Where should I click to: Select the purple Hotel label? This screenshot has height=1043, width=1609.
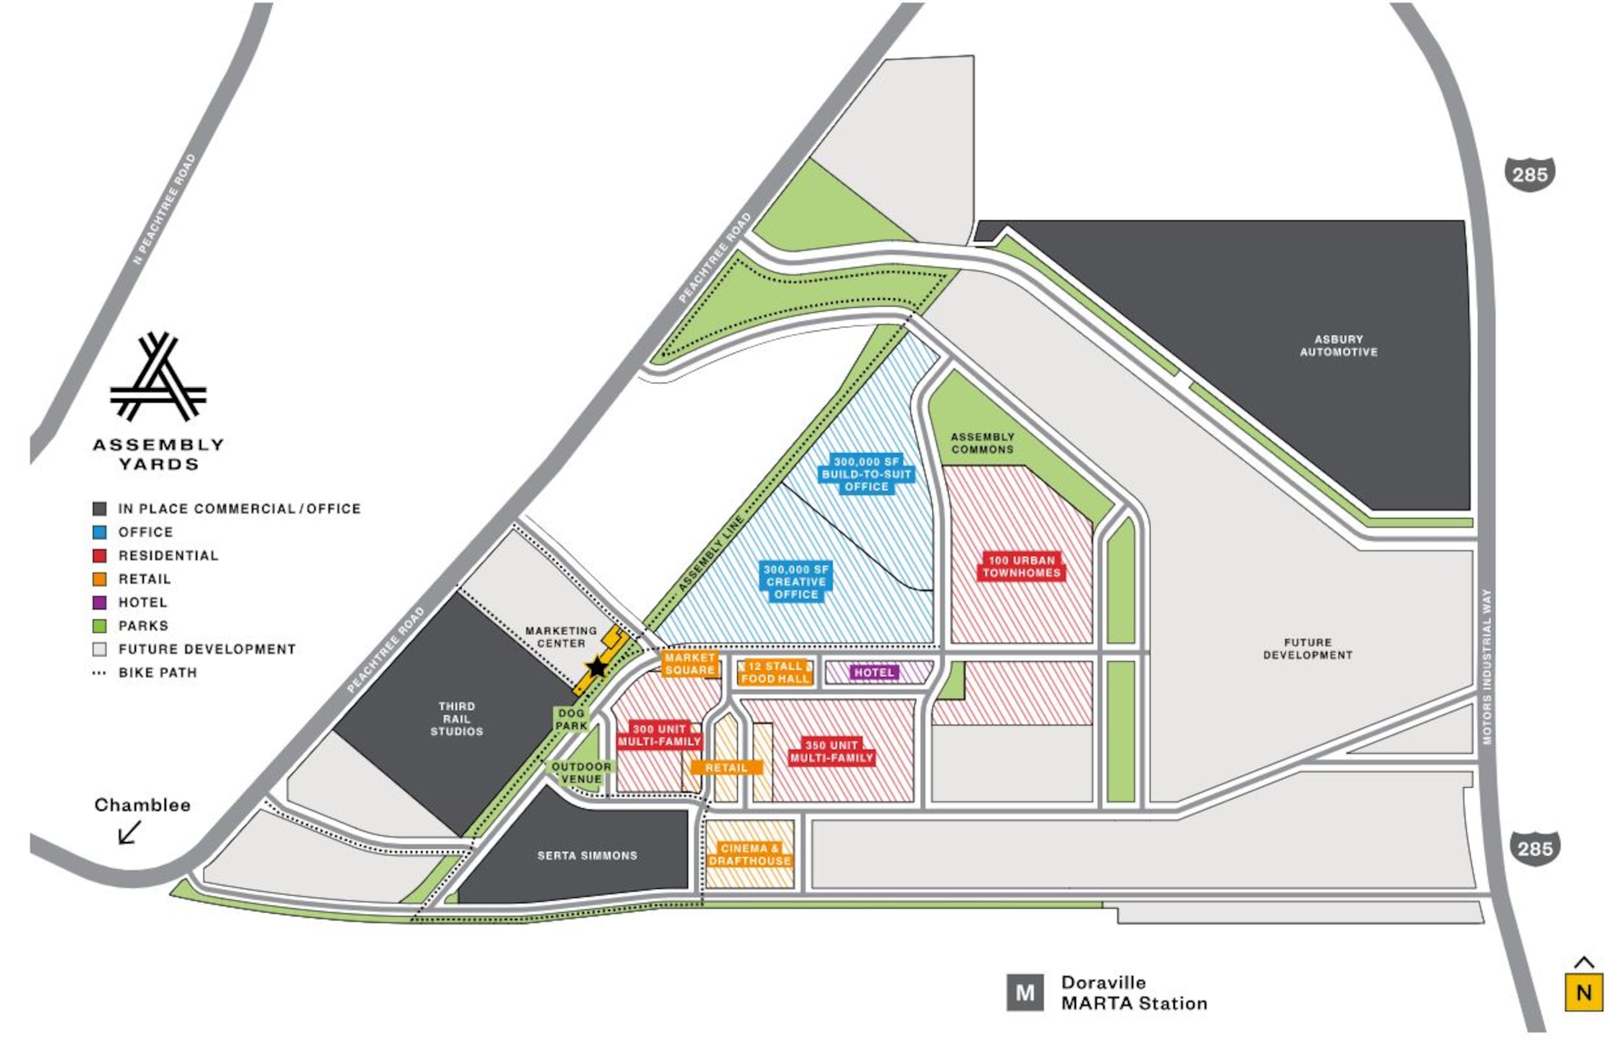tap(874, 673)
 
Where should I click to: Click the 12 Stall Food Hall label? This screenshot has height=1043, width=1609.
tap(775, 672)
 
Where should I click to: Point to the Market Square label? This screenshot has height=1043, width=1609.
tap(690, 664)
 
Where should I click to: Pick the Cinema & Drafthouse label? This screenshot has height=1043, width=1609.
tap(750, 855)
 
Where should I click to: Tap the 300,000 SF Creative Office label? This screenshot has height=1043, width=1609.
tap(796, 581)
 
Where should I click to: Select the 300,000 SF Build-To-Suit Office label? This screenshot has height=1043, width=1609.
tap(867, 475)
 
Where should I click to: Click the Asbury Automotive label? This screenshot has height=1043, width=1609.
tap(1339, 346)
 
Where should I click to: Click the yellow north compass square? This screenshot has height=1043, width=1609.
tap(1583, 992)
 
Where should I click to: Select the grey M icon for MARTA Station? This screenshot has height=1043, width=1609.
tap(1024, 992)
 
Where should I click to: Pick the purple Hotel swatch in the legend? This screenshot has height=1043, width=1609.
tap(99, 602)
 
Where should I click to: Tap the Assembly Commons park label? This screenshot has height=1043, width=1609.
tap(982, 443)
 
